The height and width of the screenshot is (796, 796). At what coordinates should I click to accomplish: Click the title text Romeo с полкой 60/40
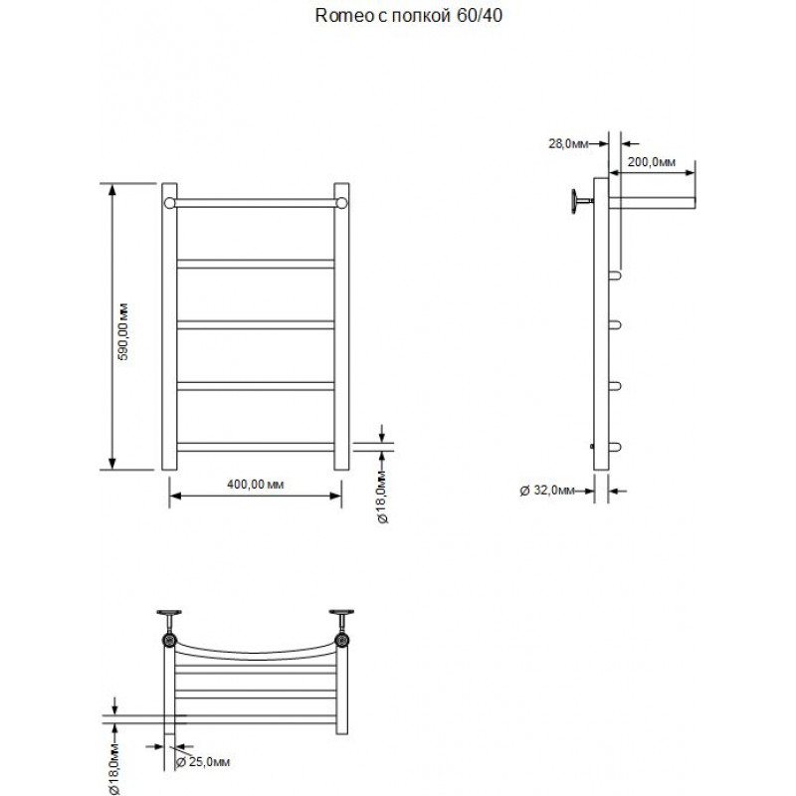coord(409,16)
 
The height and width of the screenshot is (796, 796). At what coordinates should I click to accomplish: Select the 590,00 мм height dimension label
coord(123,332)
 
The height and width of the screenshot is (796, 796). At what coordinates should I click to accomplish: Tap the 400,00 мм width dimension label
coord(256,485)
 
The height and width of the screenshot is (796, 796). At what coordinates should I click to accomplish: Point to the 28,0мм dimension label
coord(568,143)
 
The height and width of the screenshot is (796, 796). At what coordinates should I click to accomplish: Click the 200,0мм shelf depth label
coord(652,162)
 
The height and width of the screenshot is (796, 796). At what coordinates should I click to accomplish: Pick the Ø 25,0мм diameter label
coord(203,761)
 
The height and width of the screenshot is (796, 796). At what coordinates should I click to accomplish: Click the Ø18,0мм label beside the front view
coord(383,497)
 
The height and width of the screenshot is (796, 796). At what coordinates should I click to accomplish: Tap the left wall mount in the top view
coord(169,629)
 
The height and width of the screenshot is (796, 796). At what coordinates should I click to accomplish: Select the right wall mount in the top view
coord(341,629)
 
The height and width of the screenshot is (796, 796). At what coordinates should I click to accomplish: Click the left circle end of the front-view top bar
coord(169,203)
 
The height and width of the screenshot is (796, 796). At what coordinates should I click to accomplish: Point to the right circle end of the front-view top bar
coord(341,203)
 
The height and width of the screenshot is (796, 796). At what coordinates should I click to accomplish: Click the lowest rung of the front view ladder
coord(256,447)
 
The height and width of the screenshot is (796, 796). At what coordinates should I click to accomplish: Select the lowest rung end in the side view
coord(615,447)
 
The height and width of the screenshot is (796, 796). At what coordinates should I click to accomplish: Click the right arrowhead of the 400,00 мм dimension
coord(335,496)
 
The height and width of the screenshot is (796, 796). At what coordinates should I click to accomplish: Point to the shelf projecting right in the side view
coord(652,203)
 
